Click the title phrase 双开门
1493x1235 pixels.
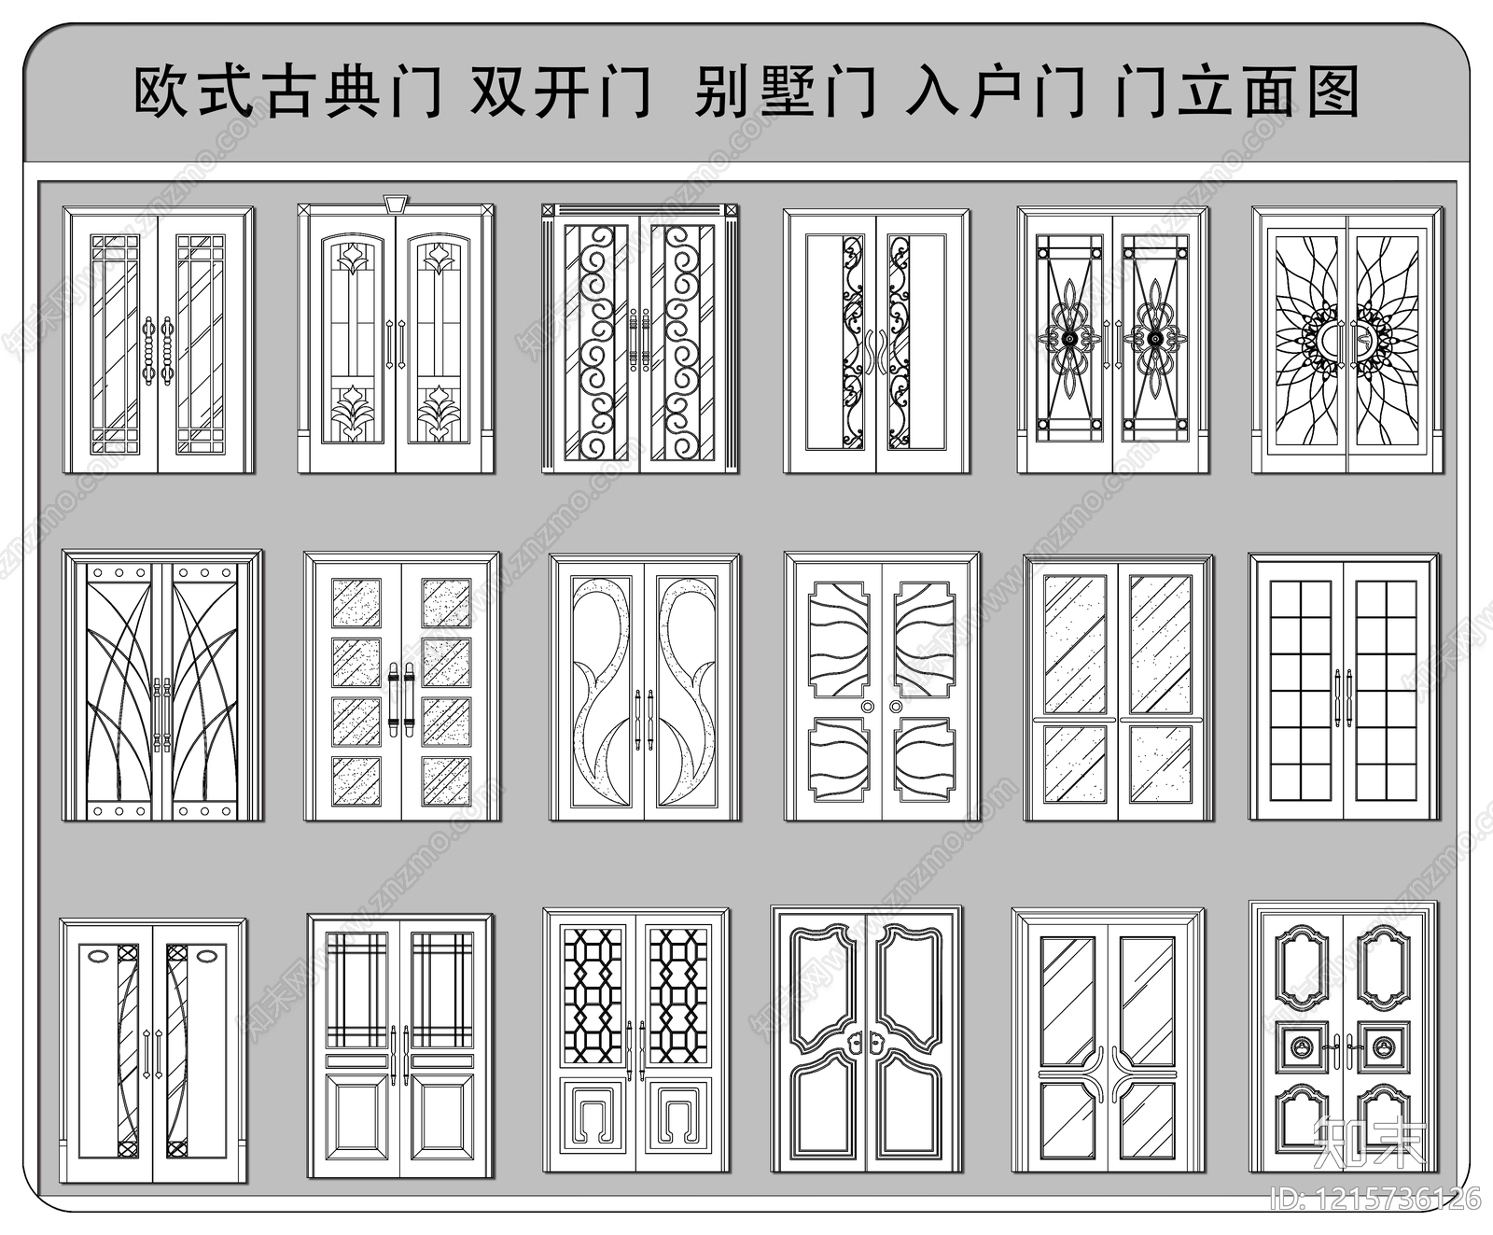[560, 92]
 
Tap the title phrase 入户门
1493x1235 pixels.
[996, 92]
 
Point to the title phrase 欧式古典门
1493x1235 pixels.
[287, 92]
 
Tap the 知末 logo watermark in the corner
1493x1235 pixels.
[1369, 1141]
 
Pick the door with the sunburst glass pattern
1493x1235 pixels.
[1346, 341]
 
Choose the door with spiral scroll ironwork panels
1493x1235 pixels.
[640, 341]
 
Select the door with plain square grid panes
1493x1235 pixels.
[1344, 687]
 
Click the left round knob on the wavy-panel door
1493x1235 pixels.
[868, 707]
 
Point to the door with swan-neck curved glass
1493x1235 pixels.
[645, 687]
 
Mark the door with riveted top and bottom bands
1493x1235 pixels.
[162, 687]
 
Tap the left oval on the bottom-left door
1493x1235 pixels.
[97, 954]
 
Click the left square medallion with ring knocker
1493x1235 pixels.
[1302, 1048]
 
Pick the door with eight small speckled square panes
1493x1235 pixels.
[401, 687]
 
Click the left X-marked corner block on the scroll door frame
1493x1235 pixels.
[549, 211]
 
